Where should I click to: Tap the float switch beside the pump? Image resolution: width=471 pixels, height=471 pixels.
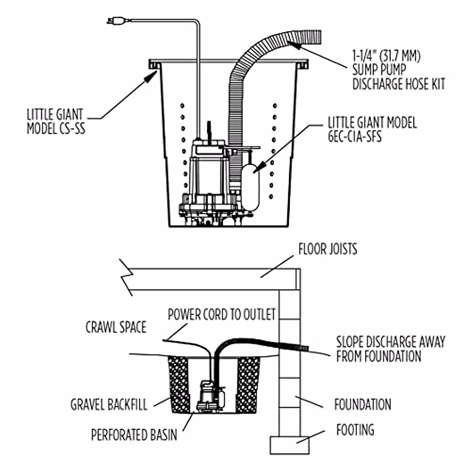250,184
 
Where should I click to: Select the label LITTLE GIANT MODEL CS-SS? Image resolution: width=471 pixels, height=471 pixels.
55,122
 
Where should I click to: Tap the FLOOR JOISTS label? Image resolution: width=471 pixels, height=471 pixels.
328,249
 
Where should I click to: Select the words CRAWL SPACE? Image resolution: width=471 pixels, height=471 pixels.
116,327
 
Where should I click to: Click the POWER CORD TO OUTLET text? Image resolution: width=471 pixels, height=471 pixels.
222,314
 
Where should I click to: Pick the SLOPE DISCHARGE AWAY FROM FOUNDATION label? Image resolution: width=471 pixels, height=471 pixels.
391,349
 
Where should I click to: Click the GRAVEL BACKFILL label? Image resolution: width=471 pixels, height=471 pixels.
109,405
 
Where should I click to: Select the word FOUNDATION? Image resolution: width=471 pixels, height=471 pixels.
362,405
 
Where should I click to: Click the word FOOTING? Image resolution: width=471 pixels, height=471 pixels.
355,430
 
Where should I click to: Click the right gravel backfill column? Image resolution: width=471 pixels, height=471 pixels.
248,383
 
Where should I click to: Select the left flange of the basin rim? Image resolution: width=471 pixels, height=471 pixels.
155,64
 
